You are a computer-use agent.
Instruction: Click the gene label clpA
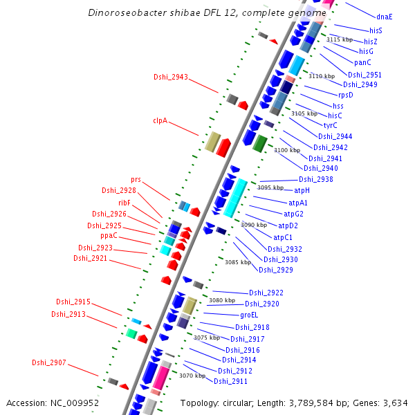coord(160,120)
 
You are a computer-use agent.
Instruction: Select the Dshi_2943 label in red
coord(170,77)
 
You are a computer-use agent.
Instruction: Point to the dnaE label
coord(384,16)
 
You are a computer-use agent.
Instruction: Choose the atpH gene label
coord(302,190)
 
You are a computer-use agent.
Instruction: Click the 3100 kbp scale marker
coord(287,150)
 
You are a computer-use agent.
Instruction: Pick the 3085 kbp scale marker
coord(237,262)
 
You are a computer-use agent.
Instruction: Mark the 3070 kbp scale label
coord(192,376)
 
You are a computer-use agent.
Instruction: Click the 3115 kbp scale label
coord(339,39)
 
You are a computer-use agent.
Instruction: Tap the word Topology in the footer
coord(200,403)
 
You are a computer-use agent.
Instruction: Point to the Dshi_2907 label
coord(49,362)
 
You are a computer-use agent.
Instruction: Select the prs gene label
coord(136,180)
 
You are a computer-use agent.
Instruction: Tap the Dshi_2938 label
coord(315,179)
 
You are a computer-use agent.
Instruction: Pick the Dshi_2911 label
coord(230,381)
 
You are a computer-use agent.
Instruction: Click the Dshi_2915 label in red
coord(73,302)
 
